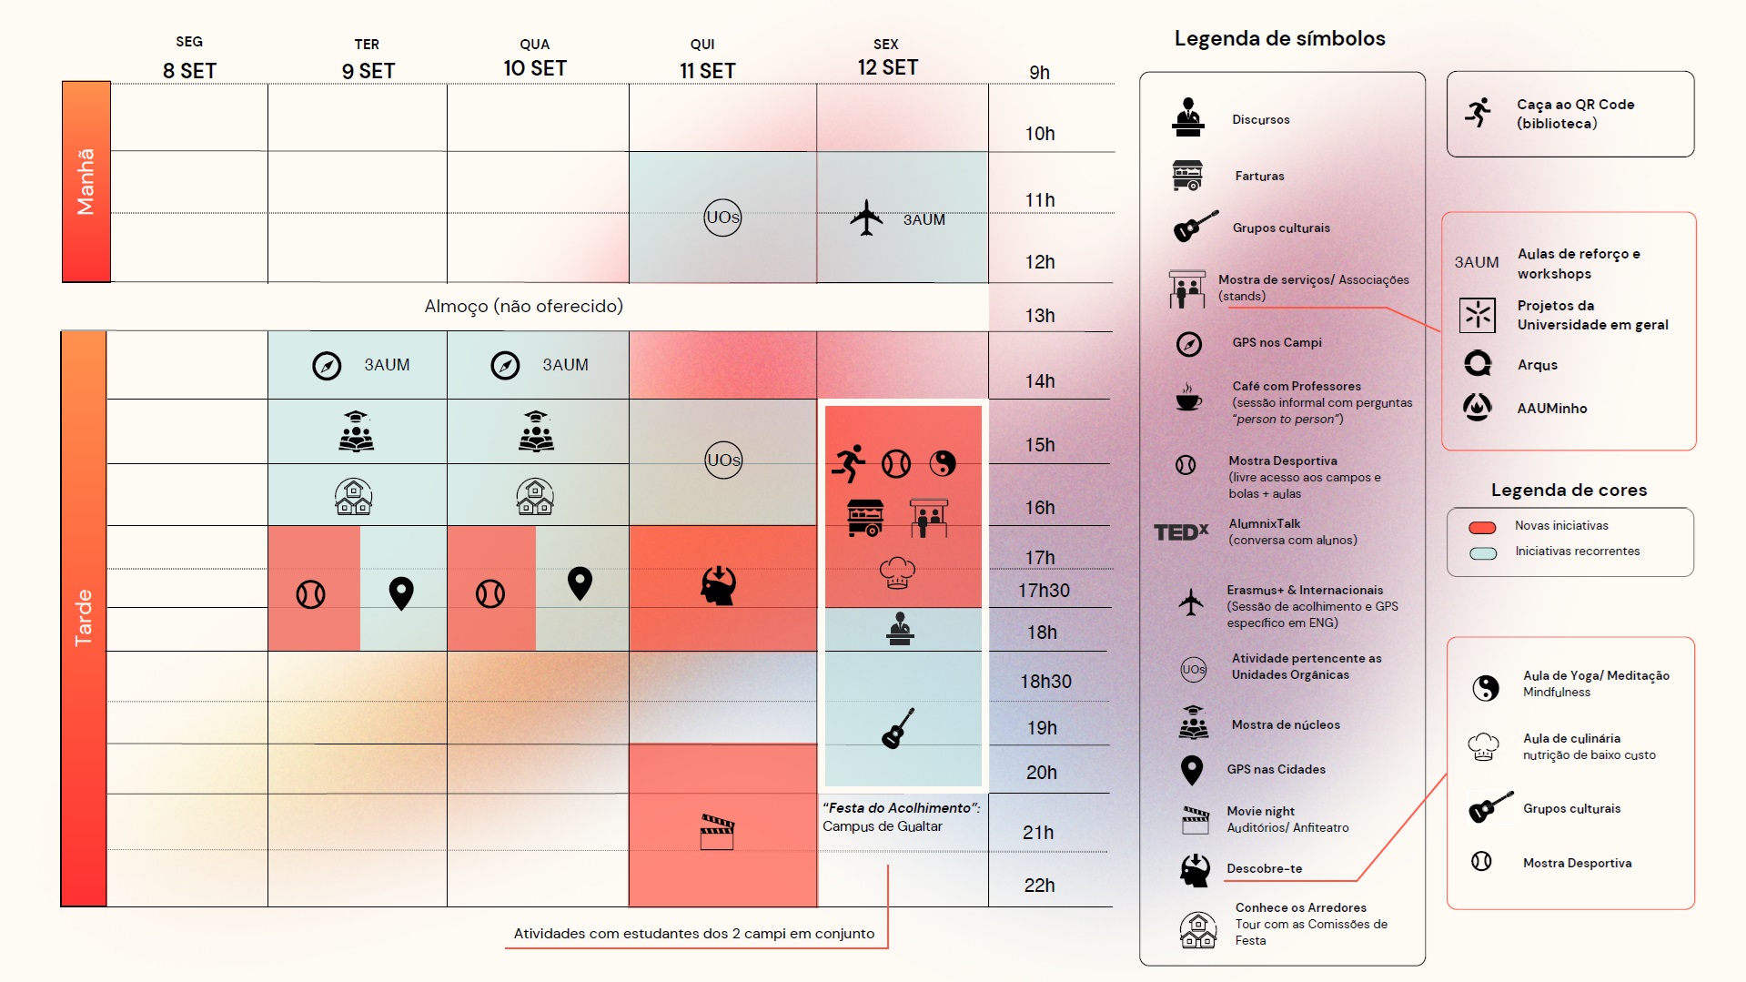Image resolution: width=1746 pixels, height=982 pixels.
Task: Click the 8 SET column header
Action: [189, 70]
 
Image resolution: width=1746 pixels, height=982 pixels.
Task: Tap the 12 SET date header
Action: [887, 67]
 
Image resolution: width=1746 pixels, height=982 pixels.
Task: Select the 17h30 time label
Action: [1044, 591]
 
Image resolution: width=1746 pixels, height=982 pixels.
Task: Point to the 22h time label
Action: [1039, 886]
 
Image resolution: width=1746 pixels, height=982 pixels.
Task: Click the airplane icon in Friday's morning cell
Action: [866, 218]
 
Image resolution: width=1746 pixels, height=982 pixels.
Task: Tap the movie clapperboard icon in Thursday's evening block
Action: [717, 832]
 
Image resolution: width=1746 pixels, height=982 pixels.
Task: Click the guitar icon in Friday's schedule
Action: [898, 728]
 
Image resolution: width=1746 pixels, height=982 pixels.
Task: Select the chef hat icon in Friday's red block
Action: [897, 572]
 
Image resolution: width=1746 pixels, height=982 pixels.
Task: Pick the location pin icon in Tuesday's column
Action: [401, 592]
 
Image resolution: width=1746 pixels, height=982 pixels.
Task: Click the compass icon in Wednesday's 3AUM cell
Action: [505, 365]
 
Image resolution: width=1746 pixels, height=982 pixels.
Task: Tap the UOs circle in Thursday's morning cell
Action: [722, 218]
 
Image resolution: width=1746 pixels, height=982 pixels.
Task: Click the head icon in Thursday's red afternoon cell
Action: [719, 585]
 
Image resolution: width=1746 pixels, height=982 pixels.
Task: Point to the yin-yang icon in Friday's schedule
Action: [943, 463]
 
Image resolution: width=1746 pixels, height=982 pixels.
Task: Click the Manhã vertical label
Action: [86, 182]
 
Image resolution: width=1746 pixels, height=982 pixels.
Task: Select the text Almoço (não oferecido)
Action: [523, 307]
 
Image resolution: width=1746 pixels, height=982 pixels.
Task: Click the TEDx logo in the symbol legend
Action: [1181, 531]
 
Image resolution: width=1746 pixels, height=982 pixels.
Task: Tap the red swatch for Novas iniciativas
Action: [1482, 527]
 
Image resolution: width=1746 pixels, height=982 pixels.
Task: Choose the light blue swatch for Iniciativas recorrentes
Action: [1482, 552]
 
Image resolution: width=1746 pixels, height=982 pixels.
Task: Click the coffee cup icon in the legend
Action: [1187, 398]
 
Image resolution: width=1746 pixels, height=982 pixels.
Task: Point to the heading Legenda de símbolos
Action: [1279, 39]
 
